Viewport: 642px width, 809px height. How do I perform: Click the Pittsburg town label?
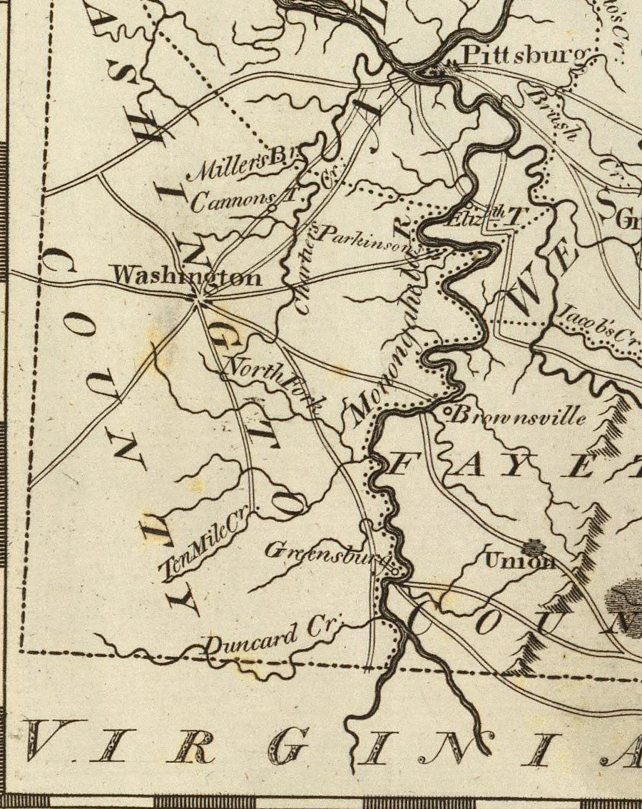(525, 55)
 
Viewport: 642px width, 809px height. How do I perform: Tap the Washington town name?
(186, 276)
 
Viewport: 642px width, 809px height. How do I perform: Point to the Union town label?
(520, 561)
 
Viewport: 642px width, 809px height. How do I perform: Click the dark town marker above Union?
(531, 548)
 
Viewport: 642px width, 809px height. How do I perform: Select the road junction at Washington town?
(199, 300)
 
